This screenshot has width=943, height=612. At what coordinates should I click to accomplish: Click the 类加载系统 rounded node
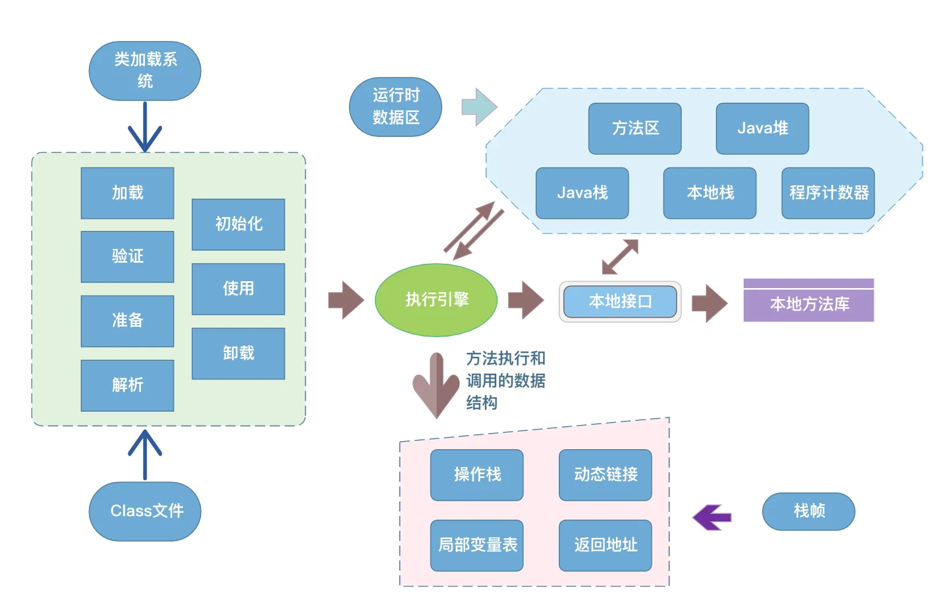(x=145, y=70)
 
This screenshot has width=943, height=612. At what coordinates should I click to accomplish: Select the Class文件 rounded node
(x=145, y=511)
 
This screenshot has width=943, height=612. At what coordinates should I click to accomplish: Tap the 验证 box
(x=127, y=256)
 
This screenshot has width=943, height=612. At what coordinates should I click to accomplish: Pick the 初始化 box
(x=238, y=224)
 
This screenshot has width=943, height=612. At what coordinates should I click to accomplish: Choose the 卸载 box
(x=238, y=353)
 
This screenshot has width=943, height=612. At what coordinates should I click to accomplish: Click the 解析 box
(x=127, y=385)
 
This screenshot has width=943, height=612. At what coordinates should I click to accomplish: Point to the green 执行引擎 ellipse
(x=436, y=300)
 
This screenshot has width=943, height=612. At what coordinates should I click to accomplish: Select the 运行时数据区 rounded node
(x=395, y=107)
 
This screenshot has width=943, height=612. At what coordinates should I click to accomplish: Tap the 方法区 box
(x=635, y=128)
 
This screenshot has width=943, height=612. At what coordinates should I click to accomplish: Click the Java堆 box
(x=762, y=128)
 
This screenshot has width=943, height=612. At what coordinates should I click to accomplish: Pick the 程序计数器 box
(x=828, y=193)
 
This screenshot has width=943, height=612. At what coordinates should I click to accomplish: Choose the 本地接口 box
(x=620, y=301)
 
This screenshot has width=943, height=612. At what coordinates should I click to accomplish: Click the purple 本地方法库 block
(x=809, y=300)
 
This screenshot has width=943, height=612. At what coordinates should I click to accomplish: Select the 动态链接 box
(x=606, y=475)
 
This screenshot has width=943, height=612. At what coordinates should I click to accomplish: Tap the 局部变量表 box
(x=477, y=546)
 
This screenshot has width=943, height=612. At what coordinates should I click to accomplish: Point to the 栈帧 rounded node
(x=809, y=512)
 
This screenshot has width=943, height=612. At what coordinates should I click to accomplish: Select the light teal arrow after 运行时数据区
(x=479, y=107)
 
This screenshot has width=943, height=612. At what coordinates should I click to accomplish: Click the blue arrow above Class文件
(x=145, y=454)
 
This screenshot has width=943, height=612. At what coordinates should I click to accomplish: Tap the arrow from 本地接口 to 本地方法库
(x=710, y=303)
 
